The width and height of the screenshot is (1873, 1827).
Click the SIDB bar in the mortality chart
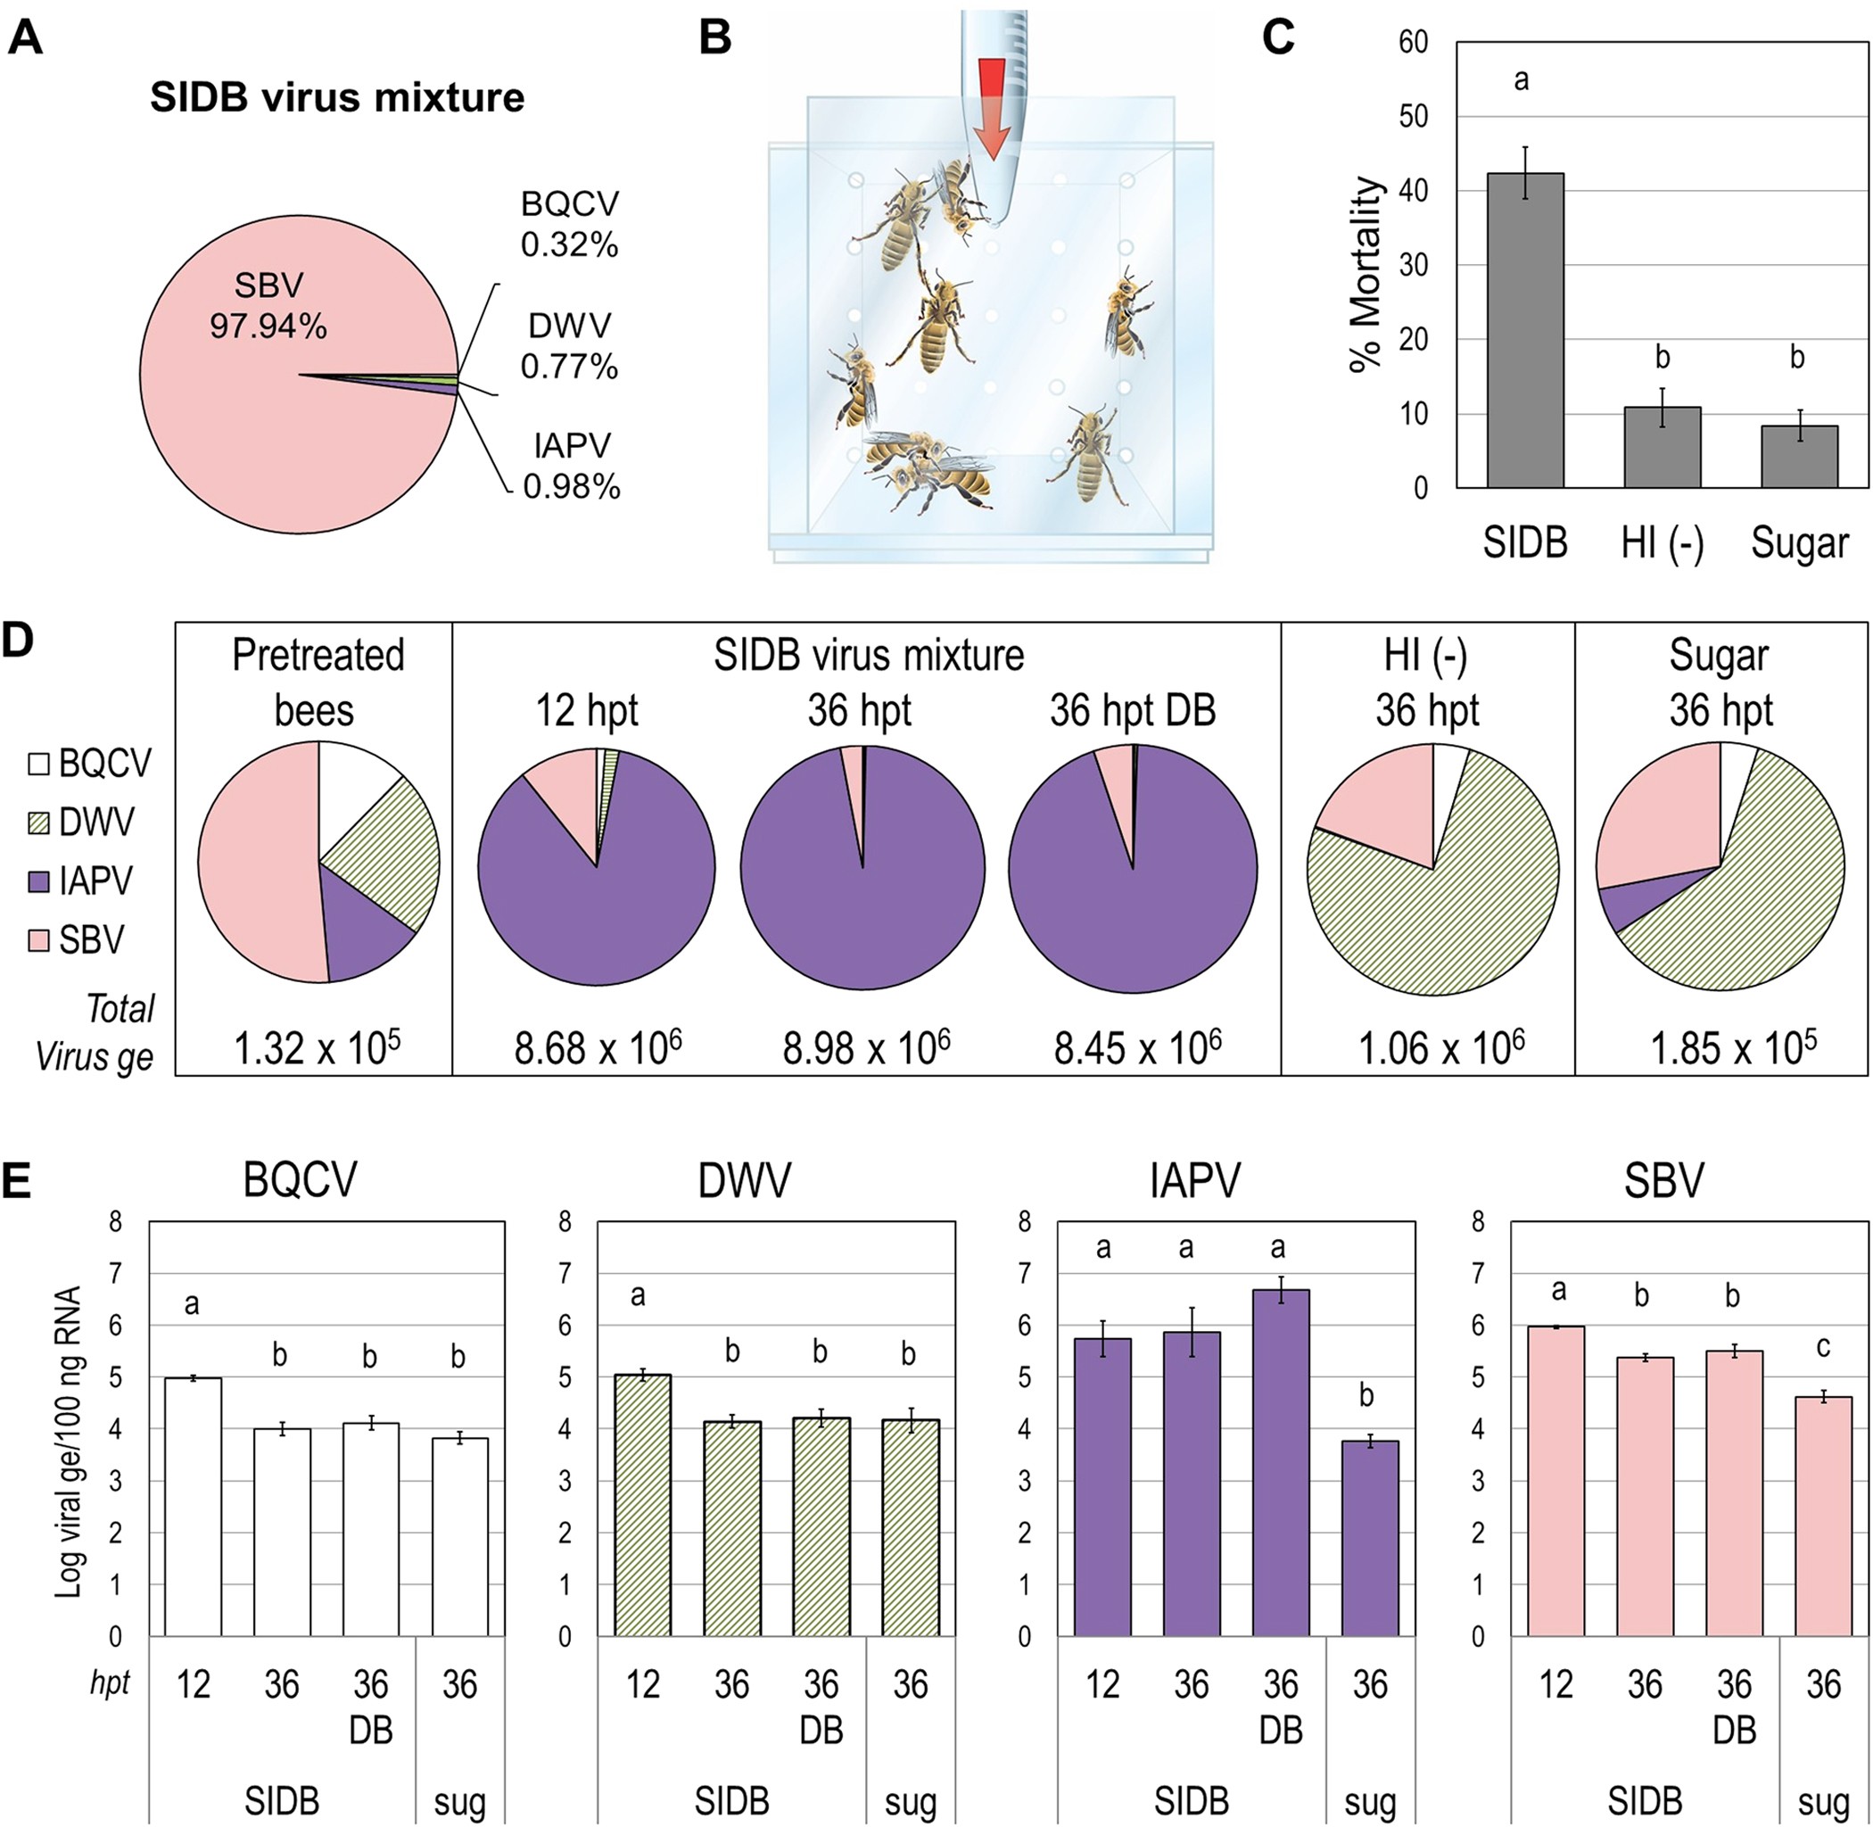tap(1526, 330)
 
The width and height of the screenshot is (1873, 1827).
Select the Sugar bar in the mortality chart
tap(1799, 457)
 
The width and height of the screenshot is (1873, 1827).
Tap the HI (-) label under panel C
tap(1662, 543)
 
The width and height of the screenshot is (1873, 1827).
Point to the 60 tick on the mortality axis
tap(1414, 42)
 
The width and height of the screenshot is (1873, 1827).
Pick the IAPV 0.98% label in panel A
tap(572, 467)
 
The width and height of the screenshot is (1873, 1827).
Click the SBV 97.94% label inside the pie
tap(268, 305)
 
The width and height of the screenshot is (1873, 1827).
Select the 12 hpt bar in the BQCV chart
tap(193, 1507)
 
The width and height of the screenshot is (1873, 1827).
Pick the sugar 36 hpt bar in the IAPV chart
tap(1370, 1538)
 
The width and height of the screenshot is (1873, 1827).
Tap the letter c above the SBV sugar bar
tap(1824, 1347)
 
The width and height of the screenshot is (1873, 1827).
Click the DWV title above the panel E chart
tap(745, 1181)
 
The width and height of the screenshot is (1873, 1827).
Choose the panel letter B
tap(714, 38)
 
